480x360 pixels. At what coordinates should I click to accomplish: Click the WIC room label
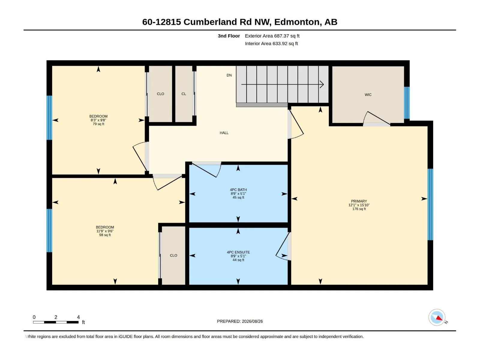tap(368, 94)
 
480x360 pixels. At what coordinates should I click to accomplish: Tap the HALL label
tap(224, 133)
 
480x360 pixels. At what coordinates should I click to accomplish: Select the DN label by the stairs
tap(229, 75)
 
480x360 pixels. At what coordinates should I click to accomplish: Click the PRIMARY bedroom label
tap(359, 201)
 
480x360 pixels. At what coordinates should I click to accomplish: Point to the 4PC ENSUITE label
tap(238, 252)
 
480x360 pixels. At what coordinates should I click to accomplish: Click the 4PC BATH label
tap(238, 190)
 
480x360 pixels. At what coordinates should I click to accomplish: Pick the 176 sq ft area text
tap(359, 209)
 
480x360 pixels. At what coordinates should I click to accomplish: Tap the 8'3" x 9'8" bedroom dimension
tap(98, 120)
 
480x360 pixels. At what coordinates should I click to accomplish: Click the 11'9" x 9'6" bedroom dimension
tap(105, 231)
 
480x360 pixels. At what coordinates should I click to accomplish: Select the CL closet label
tap(184, 94)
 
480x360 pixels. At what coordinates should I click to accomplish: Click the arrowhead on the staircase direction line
tap(322, 84)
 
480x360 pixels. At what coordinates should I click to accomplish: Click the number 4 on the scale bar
tap(78, 317)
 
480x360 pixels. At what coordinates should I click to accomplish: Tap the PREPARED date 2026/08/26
tap(252, 321)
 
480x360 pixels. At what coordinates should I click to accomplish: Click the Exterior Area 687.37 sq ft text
tap(272, 36)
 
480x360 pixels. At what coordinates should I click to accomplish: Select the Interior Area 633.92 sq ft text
tap(271, 43)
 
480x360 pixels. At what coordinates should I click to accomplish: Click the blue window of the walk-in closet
tap(406, 103)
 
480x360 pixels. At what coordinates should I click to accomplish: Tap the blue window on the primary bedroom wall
tap(430, 204)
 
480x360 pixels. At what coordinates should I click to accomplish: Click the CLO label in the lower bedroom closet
tap(173, 255)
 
